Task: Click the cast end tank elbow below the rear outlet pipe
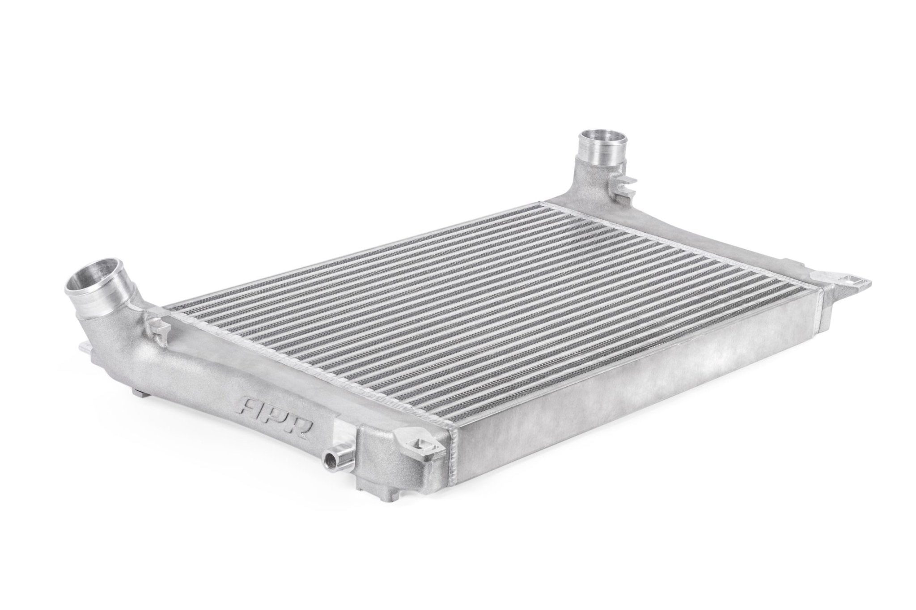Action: coord(586,118)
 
